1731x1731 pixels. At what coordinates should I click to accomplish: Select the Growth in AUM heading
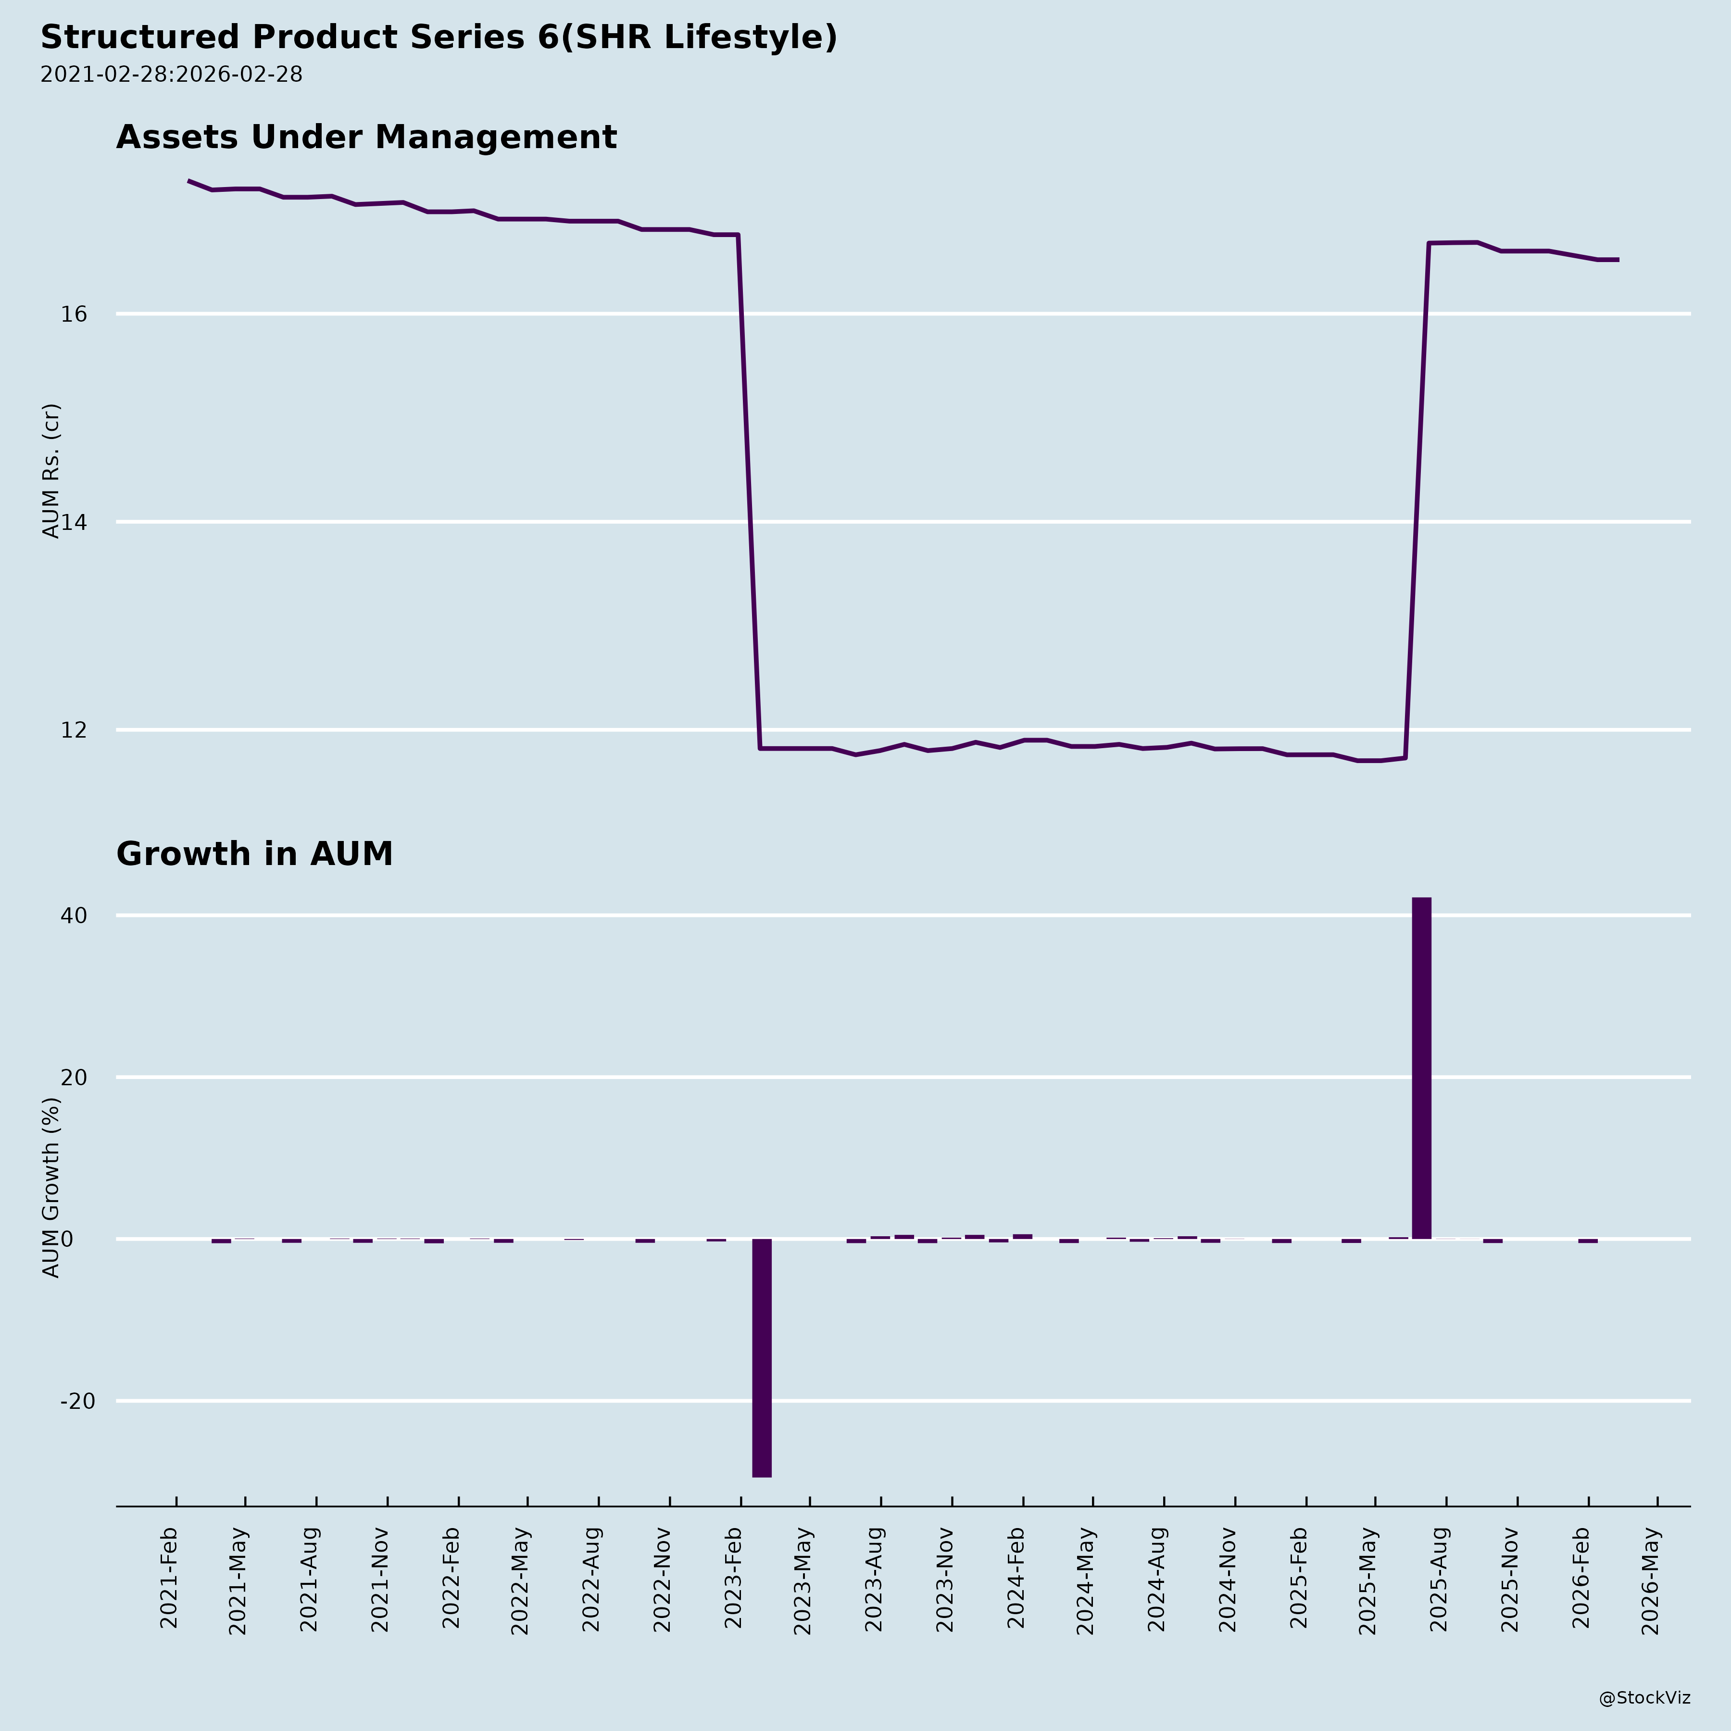254,854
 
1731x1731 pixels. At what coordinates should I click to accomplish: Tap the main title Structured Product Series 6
438,38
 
